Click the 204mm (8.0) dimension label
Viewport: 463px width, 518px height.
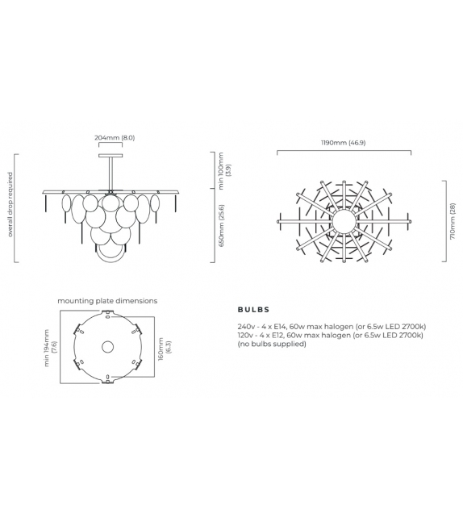pos(111,138)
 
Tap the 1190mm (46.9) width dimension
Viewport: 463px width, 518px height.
pos(344,143)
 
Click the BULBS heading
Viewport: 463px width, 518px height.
pos(253,309)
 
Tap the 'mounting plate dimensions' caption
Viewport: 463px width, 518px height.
pos(107,300)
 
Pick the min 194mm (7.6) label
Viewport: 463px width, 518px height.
pos(50,348)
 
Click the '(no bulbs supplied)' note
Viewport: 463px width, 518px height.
pos(272,344)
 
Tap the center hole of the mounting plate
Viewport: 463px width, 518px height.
pos(107,348)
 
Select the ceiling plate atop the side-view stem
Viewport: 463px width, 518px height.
pos(111,152)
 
